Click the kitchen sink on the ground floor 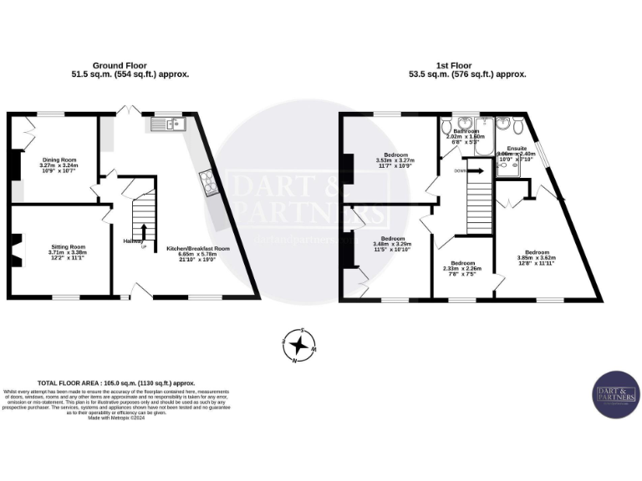click(169, 125)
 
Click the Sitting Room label click(66, 254)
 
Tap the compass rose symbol click(298, 343)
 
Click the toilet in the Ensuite click(520, 126)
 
